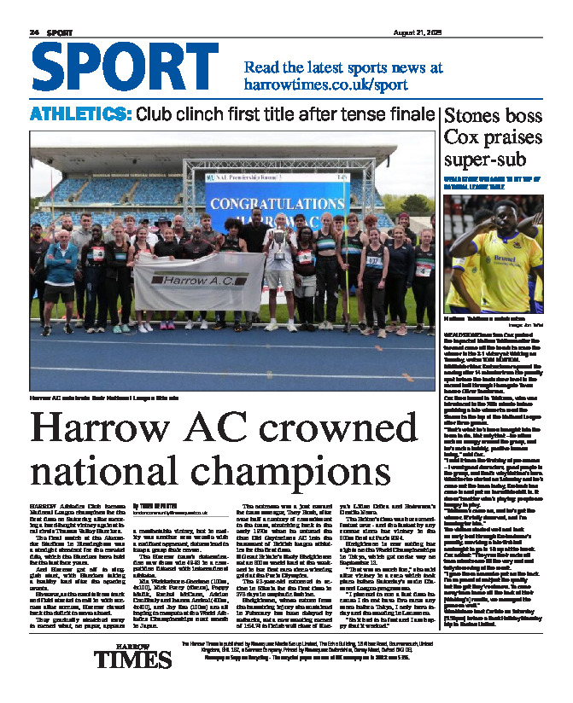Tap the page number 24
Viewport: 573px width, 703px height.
pos(34,32)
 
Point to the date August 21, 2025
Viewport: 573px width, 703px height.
pos(513,32)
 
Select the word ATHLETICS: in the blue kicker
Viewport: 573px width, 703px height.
pos(80,114)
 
